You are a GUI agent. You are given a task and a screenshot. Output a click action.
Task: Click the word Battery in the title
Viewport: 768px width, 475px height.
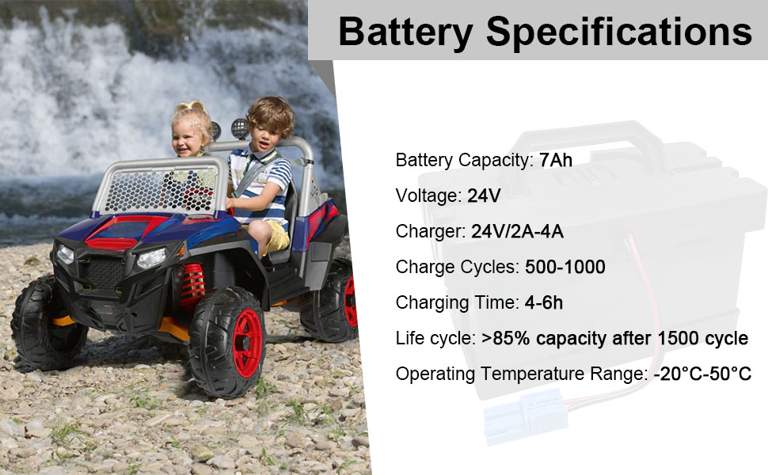click(x=405, y=32)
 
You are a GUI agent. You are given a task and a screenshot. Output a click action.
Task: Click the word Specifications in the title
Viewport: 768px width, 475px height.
click(x=619, y=32)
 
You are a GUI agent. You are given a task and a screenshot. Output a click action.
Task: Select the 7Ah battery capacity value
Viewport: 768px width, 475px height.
click(x=556, y=160)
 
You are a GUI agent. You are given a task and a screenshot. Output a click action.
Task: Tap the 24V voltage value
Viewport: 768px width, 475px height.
click(x=484, y=196)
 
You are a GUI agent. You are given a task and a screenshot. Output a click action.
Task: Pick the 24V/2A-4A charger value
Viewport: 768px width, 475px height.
click(x=517, y=231)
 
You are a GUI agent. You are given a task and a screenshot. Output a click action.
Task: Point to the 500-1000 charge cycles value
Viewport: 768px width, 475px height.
click(x=565, y=267)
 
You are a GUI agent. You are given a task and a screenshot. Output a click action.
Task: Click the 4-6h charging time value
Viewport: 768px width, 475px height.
click(x=544, y=302)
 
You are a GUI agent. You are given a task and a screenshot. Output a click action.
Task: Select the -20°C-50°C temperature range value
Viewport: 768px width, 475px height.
click(x=702, y=374)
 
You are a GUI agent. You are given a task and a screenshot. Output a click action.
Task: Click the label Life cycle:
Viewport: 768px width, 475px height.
click(x=435, y=338)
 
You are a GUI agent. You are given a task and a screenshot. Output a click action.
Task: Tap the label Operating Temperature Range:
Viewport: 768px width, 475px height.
click(x=522, y=374)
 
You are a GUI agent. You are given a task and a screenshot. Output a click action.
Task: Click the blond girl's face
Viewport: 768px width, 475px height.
click(x=187, y=135)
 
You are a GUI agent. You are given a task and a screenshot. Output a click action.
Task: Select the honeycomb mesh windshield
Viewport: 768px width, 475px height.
click(x=162, y=189)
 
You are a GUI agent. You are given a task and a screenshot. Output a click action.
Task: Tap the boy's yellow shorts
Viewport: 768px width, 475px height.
click(x=275, y=235)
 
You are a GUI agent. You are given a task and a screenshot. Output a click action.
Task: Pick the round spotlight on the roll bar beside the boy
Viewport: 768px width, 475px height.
click(x=240, y=129)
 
